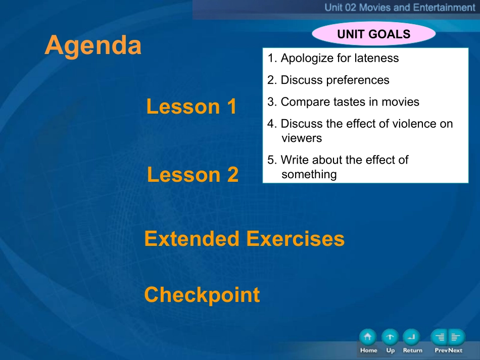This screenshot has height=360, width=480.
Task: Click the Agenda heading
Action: coord(93,46)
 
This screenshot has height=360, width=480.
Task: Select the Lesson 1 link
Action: coord(191,106)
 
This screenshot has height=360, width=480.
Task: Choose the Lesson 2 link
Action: coord(193,174)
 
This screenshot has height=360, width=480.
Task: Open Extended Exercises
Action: coord(244,238)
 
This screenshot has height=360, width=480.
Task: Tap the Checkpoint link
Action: coord(202,294)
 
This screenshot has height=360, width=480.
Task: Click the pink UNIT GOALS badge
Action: coord(374,34)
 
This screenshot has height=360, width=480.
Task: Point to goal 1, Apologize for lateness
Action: coord(333,58)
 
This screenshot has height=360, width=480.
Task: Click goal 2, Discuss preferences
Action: coord(328,80)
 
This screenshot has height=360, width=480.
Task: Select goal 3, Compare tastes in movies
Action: coord(343,101)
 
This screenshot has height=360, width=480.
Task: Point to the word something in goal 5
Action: coord(309,174)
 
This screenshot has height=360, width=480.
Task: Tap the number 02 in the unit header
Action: coord(350,8)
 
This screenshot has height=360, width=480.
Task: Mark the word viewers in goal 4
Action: coord(302,138)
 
